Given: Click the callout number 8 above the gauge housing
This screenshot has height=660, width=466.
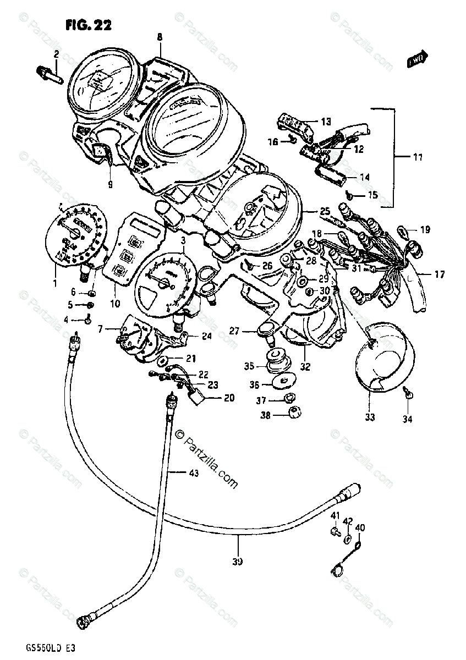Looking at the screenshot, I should [160, 37].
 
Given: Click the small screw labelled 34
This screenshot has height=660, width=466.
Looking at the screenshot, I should [407, 392].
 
